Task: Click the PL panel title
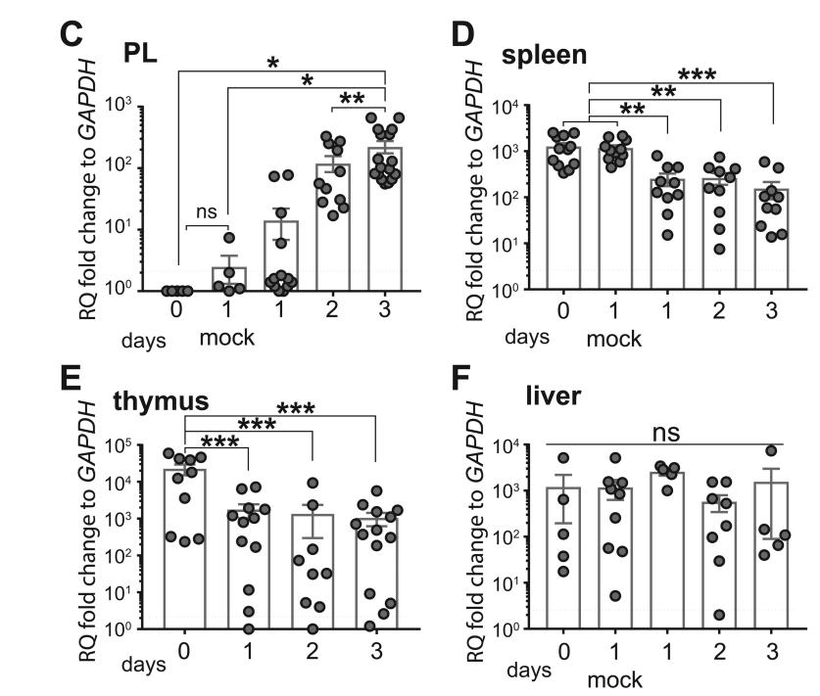(143, 53)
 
